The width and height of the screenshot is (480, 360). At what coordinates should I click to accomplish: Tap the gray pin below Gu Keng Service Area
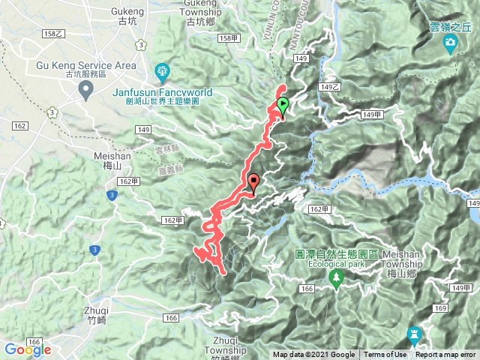tap(86, 91)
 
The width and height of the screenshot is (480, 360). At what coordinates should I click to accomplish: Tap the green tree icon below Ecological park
tap(334, 279)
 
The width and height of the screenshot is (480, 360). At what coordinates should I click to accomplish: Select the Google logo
tap(28, 349)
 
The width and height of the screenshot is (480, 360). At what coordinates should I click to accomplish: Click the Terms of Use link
tap(386, 355)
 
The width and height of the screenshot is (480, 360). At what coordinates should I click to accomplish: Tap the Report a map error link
tap(447, 355)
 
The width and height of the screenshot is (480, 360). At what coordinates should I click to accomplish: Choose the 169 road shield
tap(440, 307)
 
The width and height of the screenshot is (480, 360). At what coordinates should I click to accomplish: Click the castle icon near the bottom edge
tap(413, 334)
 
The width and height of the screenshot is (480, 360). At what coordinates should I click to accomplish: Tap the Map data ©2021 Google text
tap(313, 355)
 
